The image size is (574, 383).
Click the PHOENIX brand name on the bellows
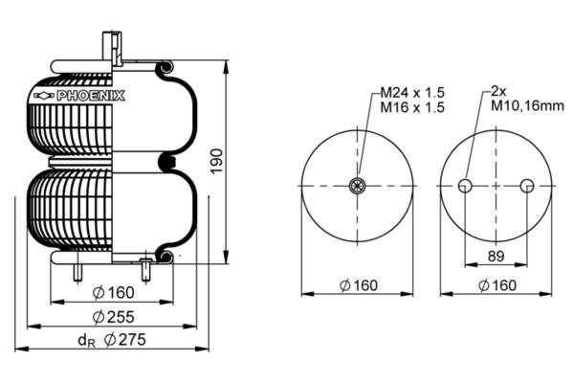click(x=91, y=96)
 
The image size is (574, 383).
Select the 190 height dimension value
click(x=216, y=161)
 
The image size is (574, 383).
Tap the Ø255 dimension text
click(x=114, y=317)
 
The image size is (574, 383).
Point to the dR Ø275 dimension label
click(x=112, y=340)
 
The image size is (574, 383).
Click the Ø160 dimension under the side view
click(x=114, y=292)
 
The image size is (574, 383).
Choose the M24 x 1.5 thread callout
click(x=412, y=92)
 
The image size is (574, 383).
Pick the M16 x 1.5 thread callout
click(x=412, y=107)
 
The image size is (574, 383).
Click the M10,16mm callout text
click(x=527, y=106)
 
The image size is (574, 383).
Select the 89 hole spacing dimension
click(x=496, y=256)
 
